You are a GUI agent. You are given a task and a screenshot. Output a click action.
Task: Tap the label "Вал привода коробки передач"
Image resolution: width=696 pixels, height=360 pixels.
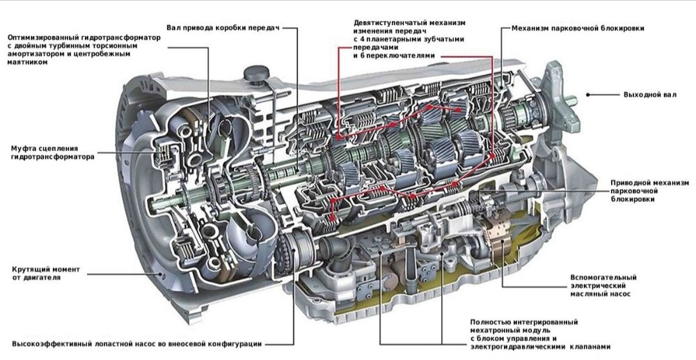[223, 29]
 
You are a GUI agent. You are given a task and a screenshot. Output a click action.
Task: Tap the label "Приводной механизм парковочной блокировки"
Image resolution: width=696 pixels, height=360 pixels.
[644, 190]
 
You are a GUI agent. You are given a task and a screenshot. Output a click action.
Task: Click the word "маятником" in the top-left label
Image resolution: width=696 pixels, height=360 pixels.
[27, 62]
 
